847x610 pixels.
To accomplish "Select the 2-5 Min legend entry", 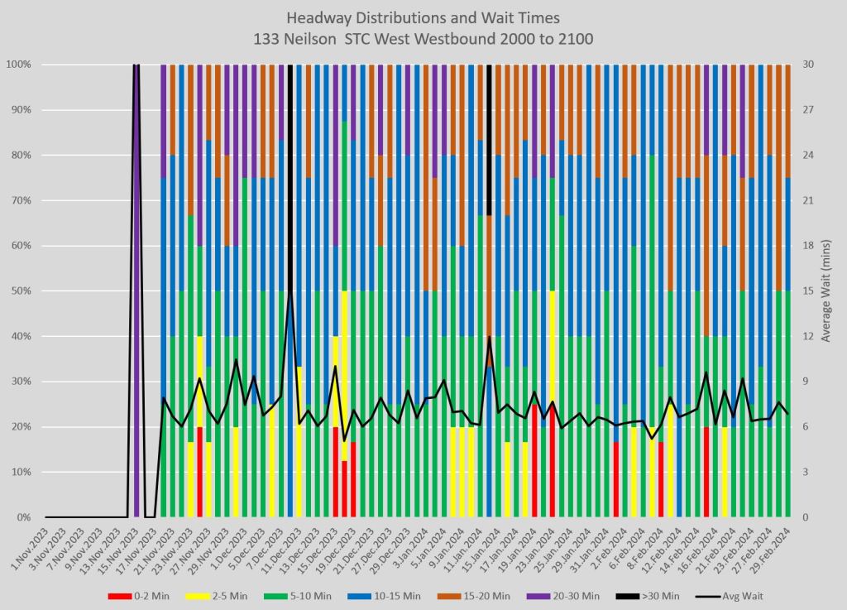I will tap(224, 595).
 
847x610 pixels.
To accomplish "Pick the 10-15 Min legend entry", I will tap(394, 595).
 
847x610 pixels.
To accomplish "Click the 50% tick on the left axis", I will tap(19, 291).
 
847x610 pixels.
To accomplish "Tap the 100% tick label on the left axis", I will tap(17, 65).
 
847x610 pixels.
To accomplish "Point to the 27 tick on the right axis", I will tap(807, 110).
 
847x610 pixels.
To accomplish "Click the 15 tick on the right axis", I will tap(807, 291).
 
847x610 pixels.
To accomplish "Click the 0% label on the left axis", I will tap(22, 517).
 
